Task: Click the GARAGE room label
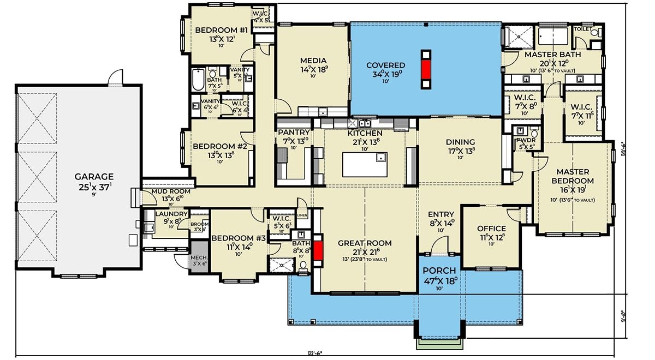(x=94, y=176)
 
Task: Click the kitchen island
(x=365, y=164)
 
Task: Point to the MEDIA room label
(x=313, y=61)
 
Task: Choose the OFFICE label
(x=491, y=229)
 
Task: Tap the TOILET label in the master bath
(x=583, y=29)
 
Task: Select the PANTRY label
(x=294, y=133)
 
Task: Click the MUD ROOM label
(x=171, y=191)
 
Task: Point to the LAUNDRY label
(x=171, y=214)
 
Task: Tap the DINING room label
(x=460, y=142)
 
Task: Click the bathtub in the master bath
(x=555, y=37)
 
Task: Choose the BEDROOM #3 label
(x=239, y=238)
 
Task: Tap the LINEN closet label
(x=302, y=215)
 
